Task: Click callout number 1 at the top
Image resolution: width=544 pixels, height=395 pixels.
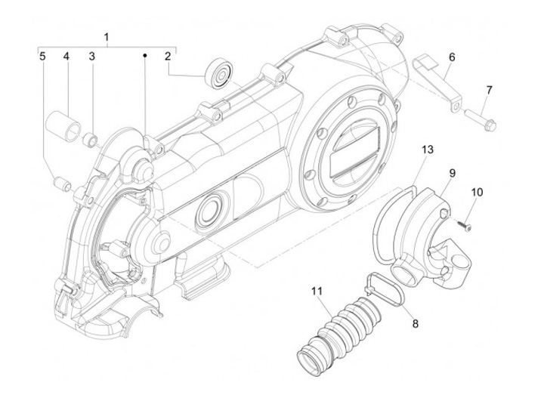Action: (x=107, y=37)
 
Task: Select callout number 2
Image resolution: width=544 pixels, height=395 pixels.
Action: (x=168, y=56)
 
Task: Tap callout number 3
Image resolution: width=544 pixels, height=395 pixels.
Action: (x=91, y=56)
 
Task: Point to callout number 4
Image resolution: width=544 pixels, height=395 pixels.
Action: (x=66, y=56)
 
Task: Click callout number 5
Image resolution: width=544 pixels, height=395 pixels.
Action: (x=42, y=56)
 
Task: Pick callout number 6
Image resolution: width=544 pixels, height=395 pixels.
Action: (x=452, y=57)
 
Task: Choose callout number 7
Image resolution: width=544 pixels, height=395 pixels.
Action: (x=489, y=90)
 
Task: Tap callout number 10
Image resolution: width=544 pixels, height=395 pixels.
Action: (x=477, y=192)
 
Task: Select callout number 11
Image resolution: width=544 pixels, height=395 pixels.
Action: (x=317, y=289)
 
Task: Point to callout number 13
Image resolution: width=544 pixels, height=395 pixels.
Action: (x=427, y=150)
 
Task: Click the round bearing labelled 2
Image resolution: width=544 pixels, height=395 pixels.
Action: (x=221, y=74)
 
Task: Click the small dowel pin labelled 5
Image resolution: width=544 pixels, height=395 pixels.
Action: (x=63, y=183)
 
